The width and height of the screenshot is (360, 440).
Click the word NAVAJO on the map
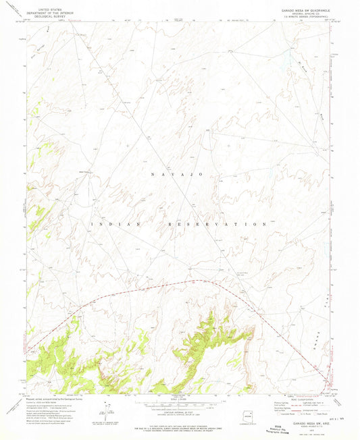click(180, 175)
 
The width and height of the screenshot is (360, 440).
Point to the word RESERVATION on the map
click(214, 223)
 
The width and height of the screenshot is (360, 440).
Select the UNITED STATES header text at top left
click(46, 6)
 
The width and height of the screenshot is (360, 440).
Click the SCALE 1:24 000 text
click(181, 397)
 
